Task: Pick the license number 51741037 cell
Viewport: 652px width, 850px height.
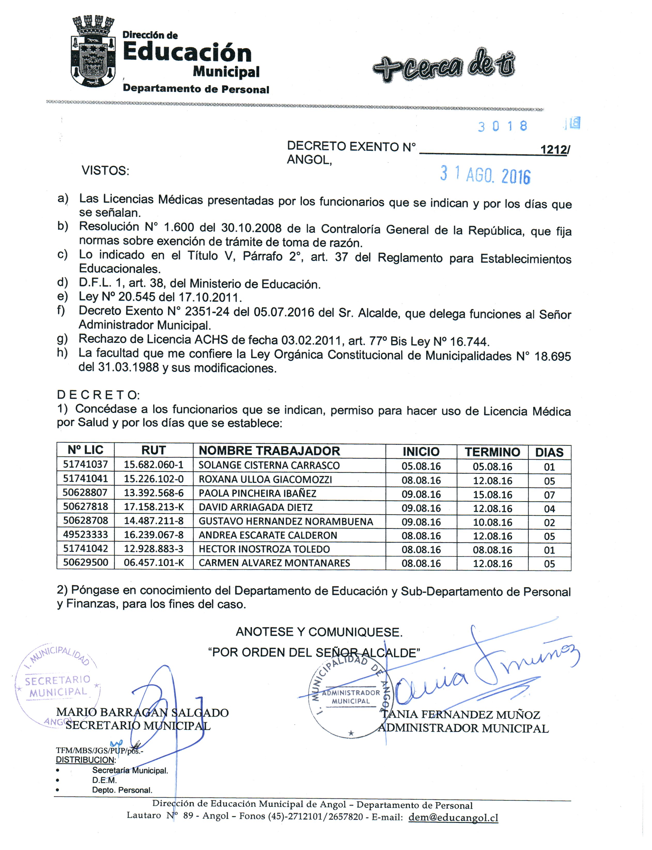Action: (x=86, y=464)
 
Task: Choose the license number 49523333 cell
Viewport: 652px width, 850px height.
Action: (x=86, y=535)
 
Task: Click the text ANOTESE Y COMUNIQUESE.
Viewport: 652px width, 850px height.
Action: (x=319, y=632)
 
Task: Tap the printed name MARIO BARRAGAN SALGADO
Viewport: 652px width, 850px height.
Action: (x=142, y=712)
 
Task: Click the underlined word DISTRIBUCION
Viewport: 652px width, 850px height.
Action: (x=86, y=760)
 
